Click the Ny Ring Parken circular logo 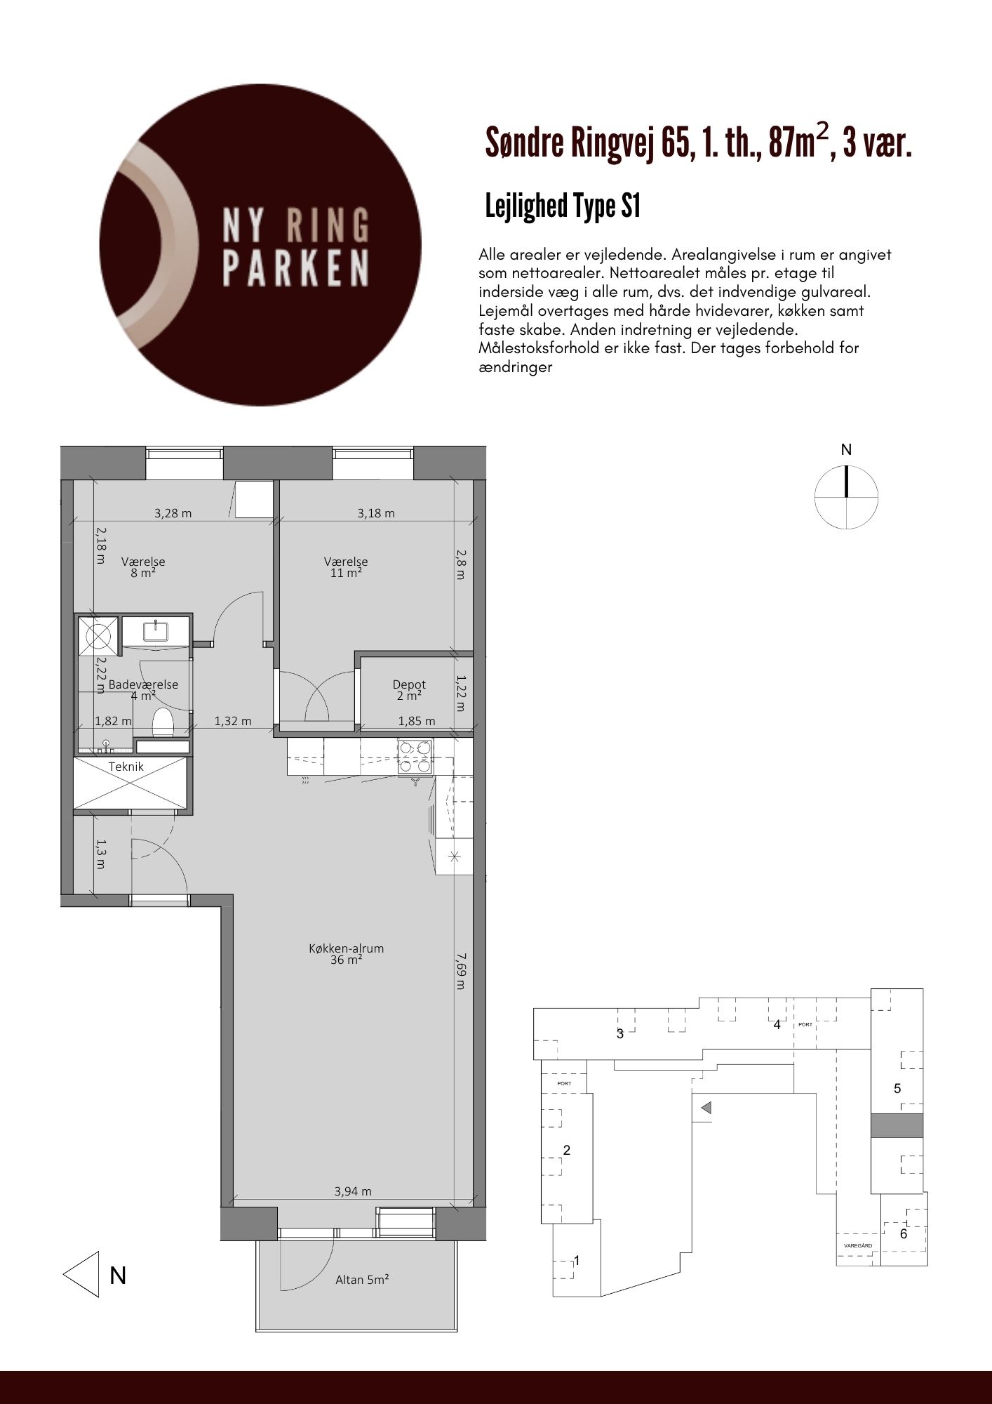[261, 245]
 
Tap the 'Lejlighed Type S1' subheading [563, 207]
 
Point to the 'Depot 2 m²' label [409, 690]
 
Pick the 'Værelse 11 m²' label [346, 567]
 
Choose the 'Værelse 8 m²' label [143, 567]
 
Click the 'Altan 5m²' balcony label [362, 1279]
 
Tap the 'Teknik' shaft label [126, 767]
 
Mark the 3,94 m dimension [353, 1191]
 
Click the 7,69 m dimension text [460, 971]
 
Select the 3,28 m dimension [173, 513]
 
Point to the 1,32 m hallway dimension [232, 721]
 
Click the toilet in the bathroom [163, 723]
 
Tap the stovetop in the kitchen [415, 757]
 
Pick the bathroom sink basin [154, 630]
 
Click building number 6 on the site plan [904, 1234]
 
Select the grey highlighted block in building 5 [897, 1125]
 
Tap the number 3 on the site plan [620, 1033]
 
